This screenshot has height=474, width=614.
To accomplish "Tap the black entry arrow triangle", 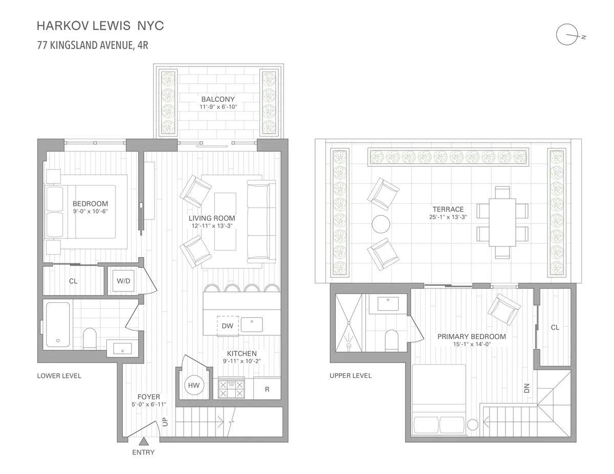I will [x=144, y=441].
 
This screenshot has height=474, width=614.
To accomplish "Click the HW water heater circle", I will [x=194, y=385].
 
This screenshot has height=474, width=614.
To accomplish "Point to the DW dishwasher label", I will [x=227, y=326].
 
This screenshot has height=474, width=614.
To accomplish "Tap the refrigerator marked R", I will [x=267, y=389].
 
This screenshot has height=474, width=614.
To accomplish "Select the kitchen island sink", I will [x=251, y=325].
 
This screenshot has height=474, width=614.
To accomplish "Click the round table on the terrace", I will [x=382, y=223].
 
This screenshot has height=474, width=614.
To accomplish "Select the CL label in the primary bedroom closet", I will [x=555, y=327].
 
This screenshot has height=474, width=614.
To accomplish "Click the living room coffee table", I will [x=225, y=221].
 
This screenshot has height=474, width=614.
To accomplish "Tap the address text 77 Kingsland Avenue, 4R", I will [x=93, y=44].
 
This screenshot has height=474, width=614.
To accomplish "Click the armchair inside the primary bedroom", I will [x=504, y=310].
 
